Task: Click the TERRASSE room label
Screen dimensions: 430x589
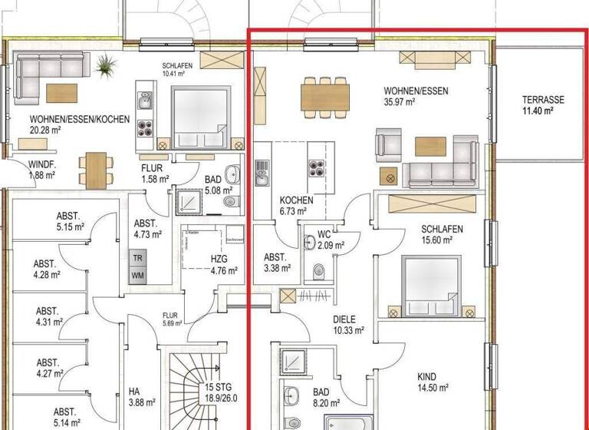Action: [x=543, y=100]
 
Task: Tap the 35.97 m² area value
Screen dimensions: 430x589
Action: [x=400, y=101]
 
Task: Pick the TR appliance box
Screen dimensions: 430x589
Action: [x=139, y=259]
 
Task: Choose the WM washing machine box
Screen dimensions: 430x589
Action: [x=139, y=275]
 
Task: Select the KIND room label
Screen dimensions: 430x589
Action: [x=427, y=376]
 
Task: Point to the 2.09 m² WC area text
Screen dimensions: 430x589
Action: [x=331, y=246]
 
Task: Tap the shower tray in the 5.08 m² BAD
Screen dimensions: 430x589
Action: [x=189, y=202]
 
